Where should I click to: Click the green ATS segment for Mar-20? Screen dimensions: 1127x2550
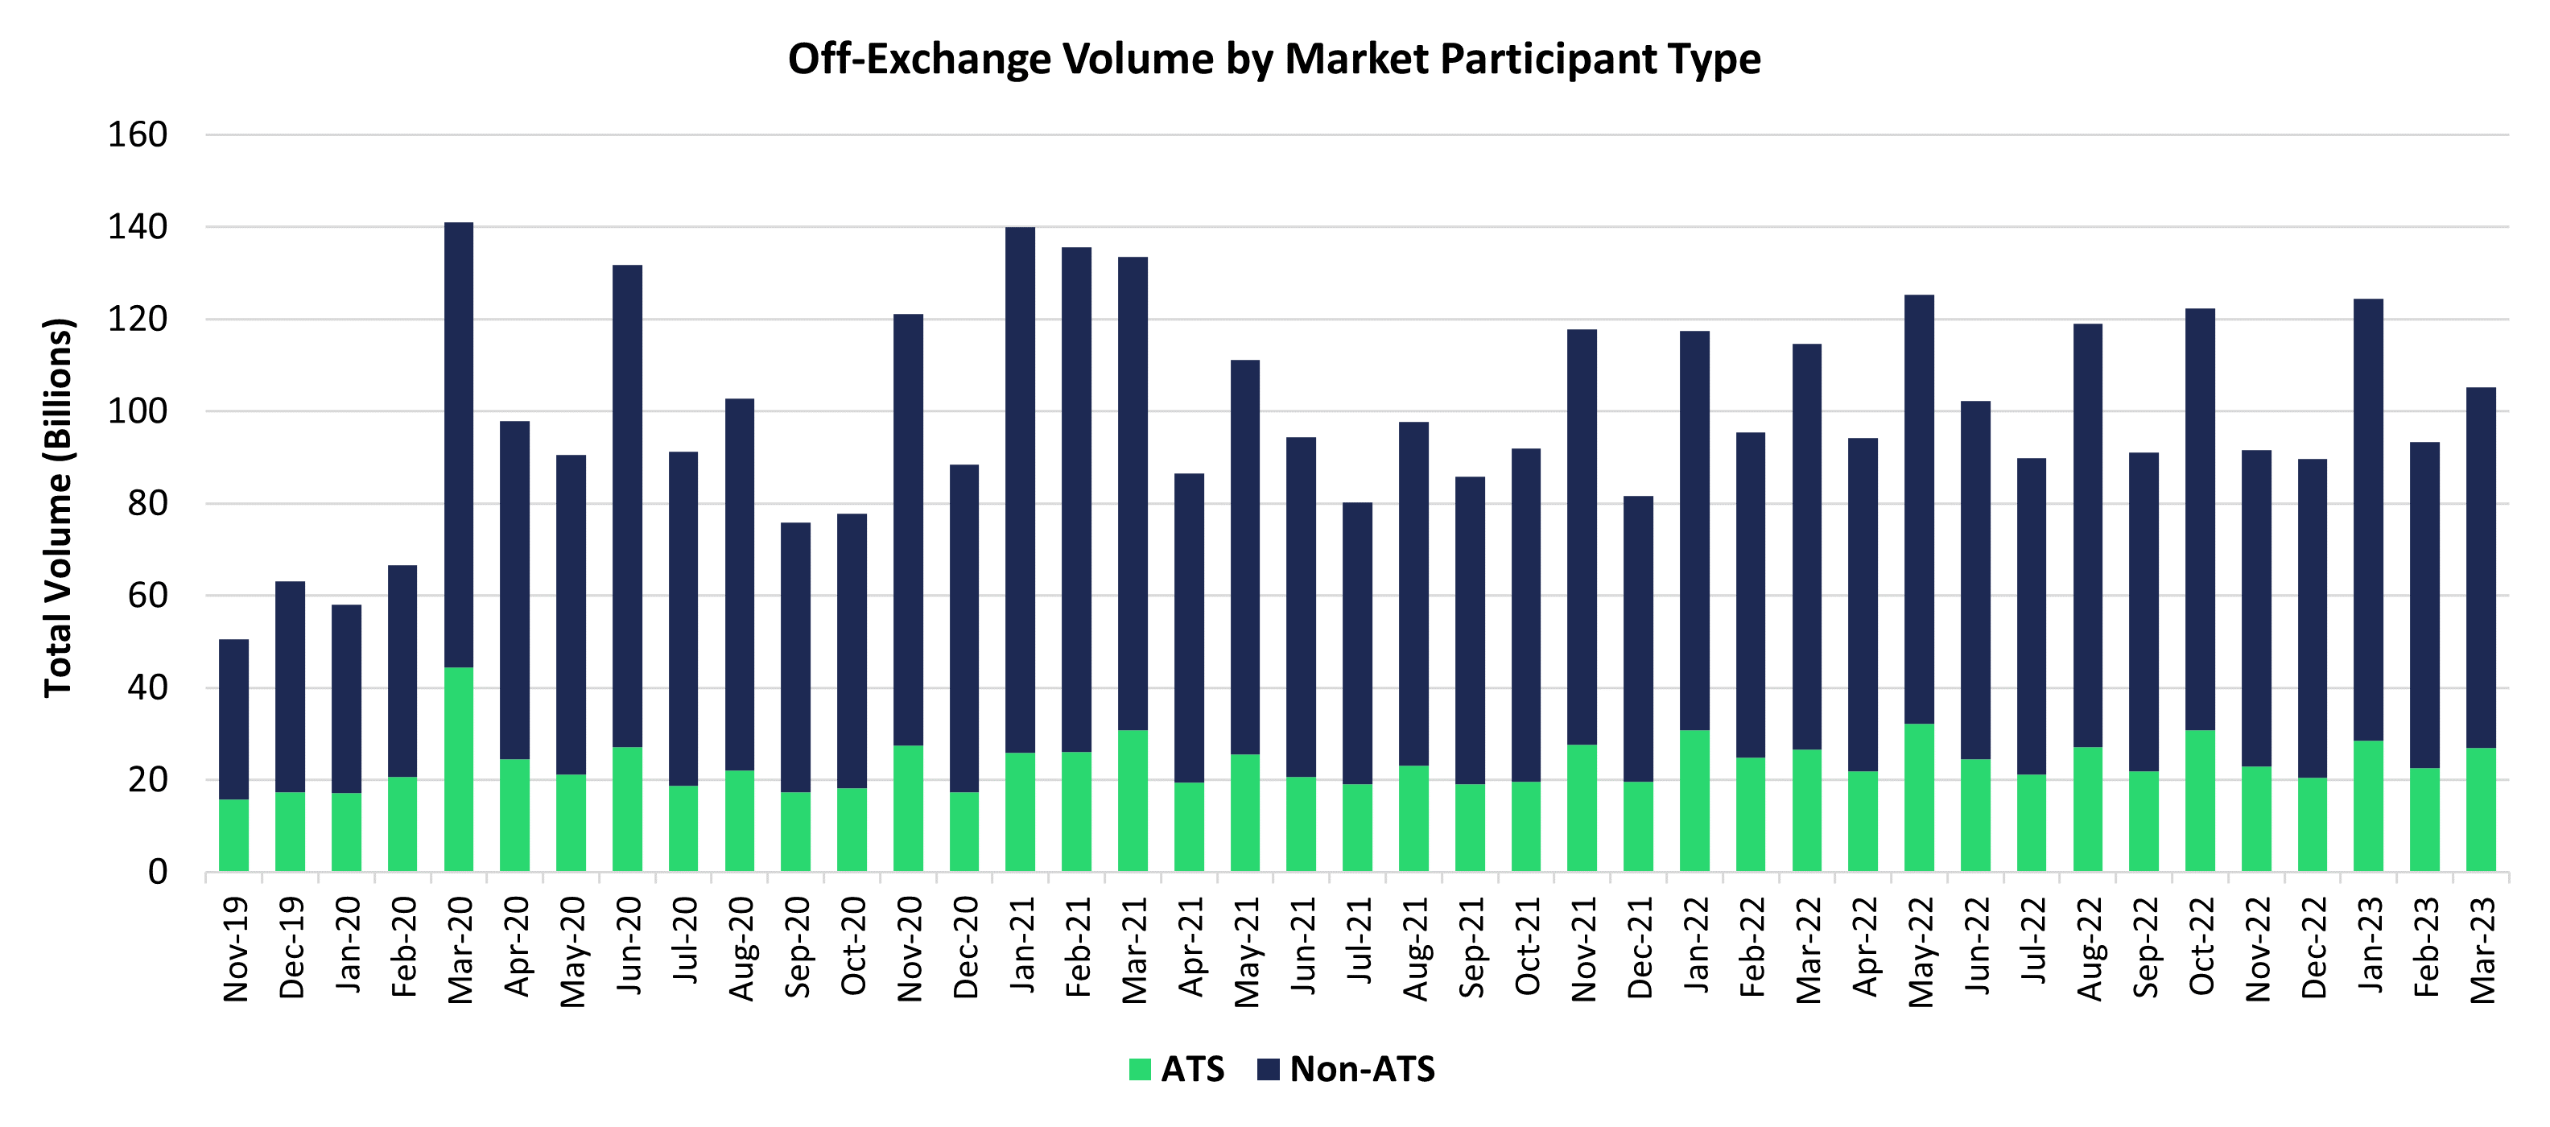[x=458, y=770]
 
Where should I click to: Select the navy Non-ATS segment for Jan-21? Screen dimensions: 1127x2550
[x=1020, y=490]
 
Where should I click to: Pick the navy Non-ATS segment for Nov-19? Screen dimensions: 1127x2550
[x=233, y=719]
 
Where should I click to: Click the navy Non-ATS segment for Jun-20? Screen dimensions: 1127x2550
[x=626, y=506]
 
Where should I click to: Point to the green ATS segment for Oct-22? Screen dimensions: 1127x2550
[x=2200, y=801]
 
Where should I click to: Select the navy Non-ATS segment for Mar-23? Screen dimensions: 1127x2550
[x=2480, y=568]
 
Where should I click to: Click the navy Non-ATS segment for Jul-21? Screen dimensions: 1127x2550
[x=1357, y=644]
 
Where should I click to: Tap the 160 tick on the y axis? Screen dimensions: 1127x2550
[x=138, y=134]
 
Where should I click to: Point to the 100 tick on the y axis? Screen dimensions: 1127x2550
[x=138, y=411]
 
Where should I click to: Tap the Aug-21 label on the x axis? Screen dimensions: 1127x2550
[x=1414, y=949]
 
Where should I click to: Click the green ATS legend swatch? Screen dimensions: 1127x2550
[x=1140, y=1070]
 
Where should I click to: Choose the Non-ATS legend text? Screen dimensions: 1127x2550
[x=1361, y=1070]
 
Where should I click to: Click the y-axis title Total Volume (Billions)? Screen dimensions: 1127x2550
[x=59, y=508]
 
